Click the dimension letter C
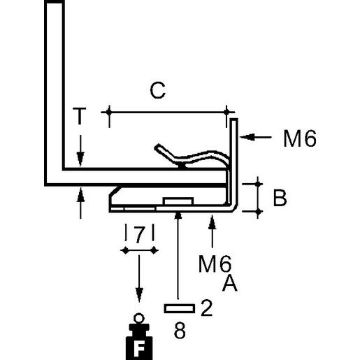point(158,92)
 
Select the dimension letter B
point(280,199)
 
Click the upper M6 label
point(300,139)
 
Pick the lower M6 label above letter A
point(215,264)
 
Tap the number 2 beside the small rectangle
point(206,308)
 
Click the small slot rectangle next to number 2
point(179,308)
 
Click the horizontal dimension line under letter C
point(168,110)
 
